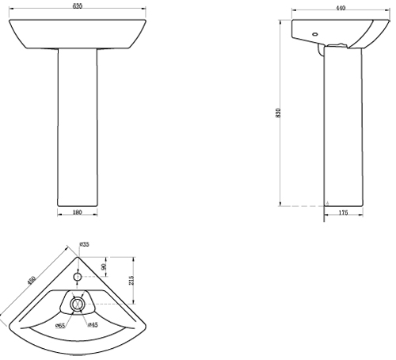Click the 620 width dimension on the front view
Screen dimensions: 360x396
coord(78,6)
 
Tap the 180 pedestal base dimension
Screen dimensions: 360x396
coord(78,213)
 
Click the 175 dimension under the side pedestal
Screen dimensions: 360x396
coord(343,213)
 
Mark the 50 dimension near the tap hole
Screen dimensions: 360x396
coord(104,267)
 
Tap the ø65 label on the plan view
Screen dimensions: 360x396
coord(60,325)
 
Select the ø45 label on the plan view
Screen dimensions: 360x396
coord(92,325)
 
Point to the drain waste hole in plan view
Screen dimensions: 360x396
coord(77,304)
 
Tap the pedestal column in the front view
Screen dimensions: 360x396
coord(78,127)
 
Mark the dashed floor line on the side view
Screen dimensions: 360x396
coord(305,205)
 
